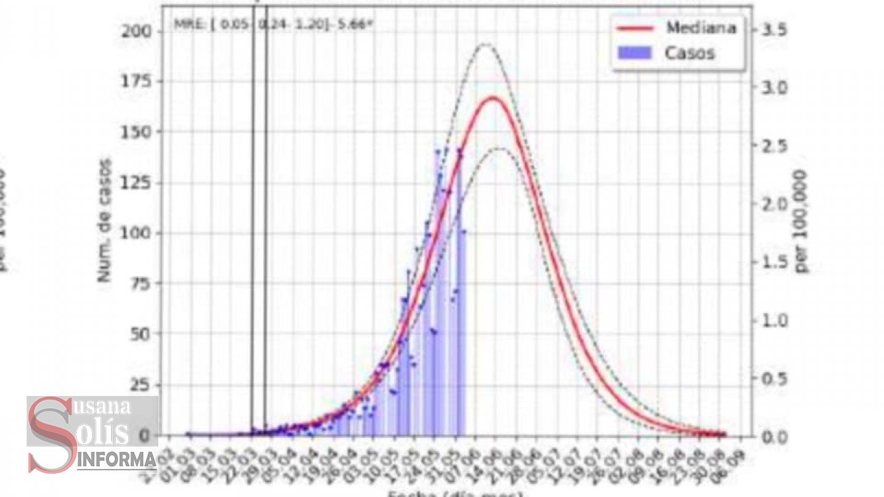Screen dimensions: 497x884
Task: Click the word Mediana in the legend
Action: click(x=700, y=28)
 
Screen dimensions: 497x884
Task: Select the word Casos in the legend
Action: click(x=689, y=53)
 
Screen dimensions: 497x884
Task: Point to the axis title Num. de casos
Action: click(x=106, y=221)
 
